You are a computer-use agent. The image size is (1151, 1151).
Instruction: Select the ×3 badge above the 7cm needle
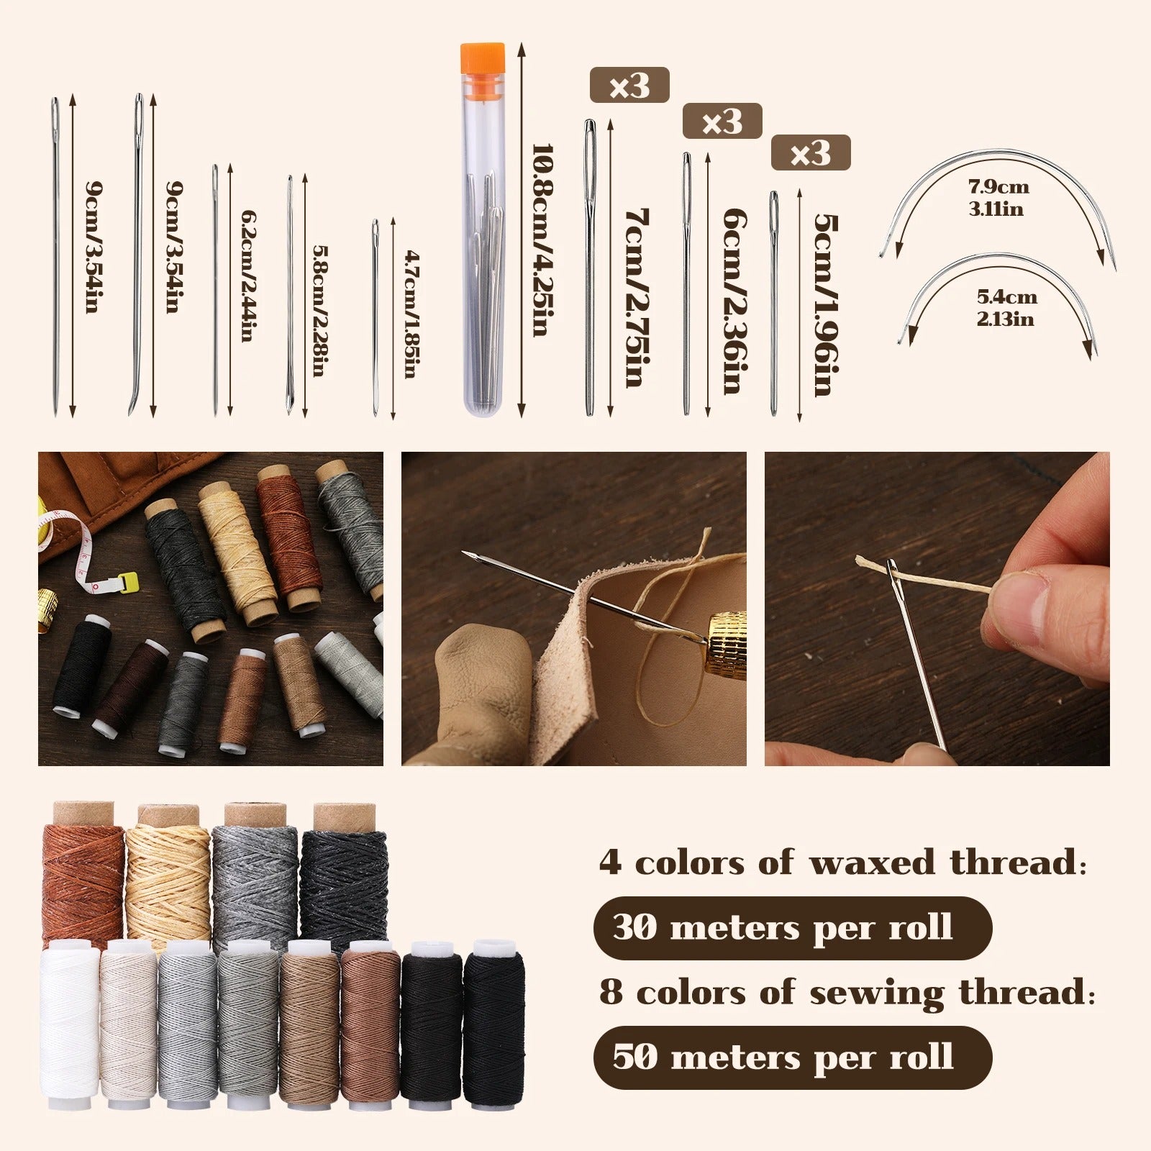pos(629,86)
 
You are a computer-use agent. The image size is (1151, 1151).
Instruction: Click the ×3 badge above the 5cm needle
pos(811,153)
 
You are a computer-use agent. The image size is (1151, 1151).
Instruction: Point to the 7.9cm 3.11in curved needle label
pos(998,197)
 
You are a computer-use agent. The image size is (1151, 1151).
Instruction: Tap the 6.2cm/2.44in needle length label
pos(248,276)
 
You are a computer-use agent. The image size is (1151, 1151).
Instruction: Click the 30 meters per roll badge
pos(792,928)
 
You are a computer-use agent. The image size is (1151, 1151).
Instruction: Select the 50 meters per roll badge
pos(792,1057)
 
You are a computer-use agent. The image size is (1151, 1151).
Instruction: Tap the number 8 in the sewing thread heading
pos(610,993)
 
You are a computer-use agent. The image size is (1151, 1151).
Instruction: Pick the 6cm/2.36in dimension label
pos(732,300)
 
